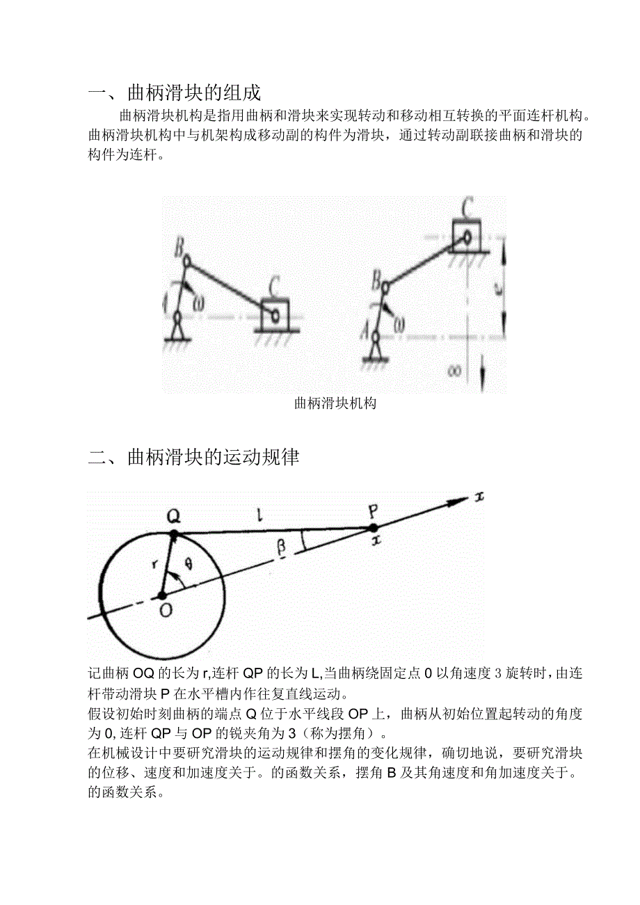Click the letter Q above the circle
click(174, 515)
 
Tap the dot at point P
click(374, 528)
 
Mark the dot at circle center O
click(162, 595)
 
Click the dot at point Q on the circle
click(174, 534)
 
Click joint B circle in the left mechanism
click(186, 259)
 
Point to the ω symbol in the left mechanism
click(200, 303)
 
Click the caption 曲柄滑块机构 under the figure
click(335, 403)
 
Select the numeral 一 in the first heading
click(97, 93)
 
